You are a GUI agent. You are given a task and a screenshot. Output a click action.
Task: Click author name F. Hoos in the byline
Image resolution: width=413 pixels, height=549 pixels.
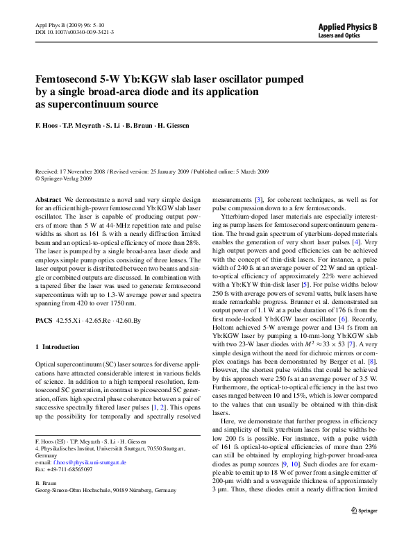click(x=48, y=126)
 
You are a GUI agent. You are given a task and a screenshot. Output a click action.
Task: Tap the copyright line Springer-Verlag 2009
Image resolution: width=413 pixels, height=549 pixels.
click(x=67, y=178)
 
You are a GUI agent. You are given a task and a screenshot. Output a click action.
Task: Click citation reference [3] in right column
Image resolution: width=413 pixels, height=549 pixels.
click(x=259, y=199)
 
